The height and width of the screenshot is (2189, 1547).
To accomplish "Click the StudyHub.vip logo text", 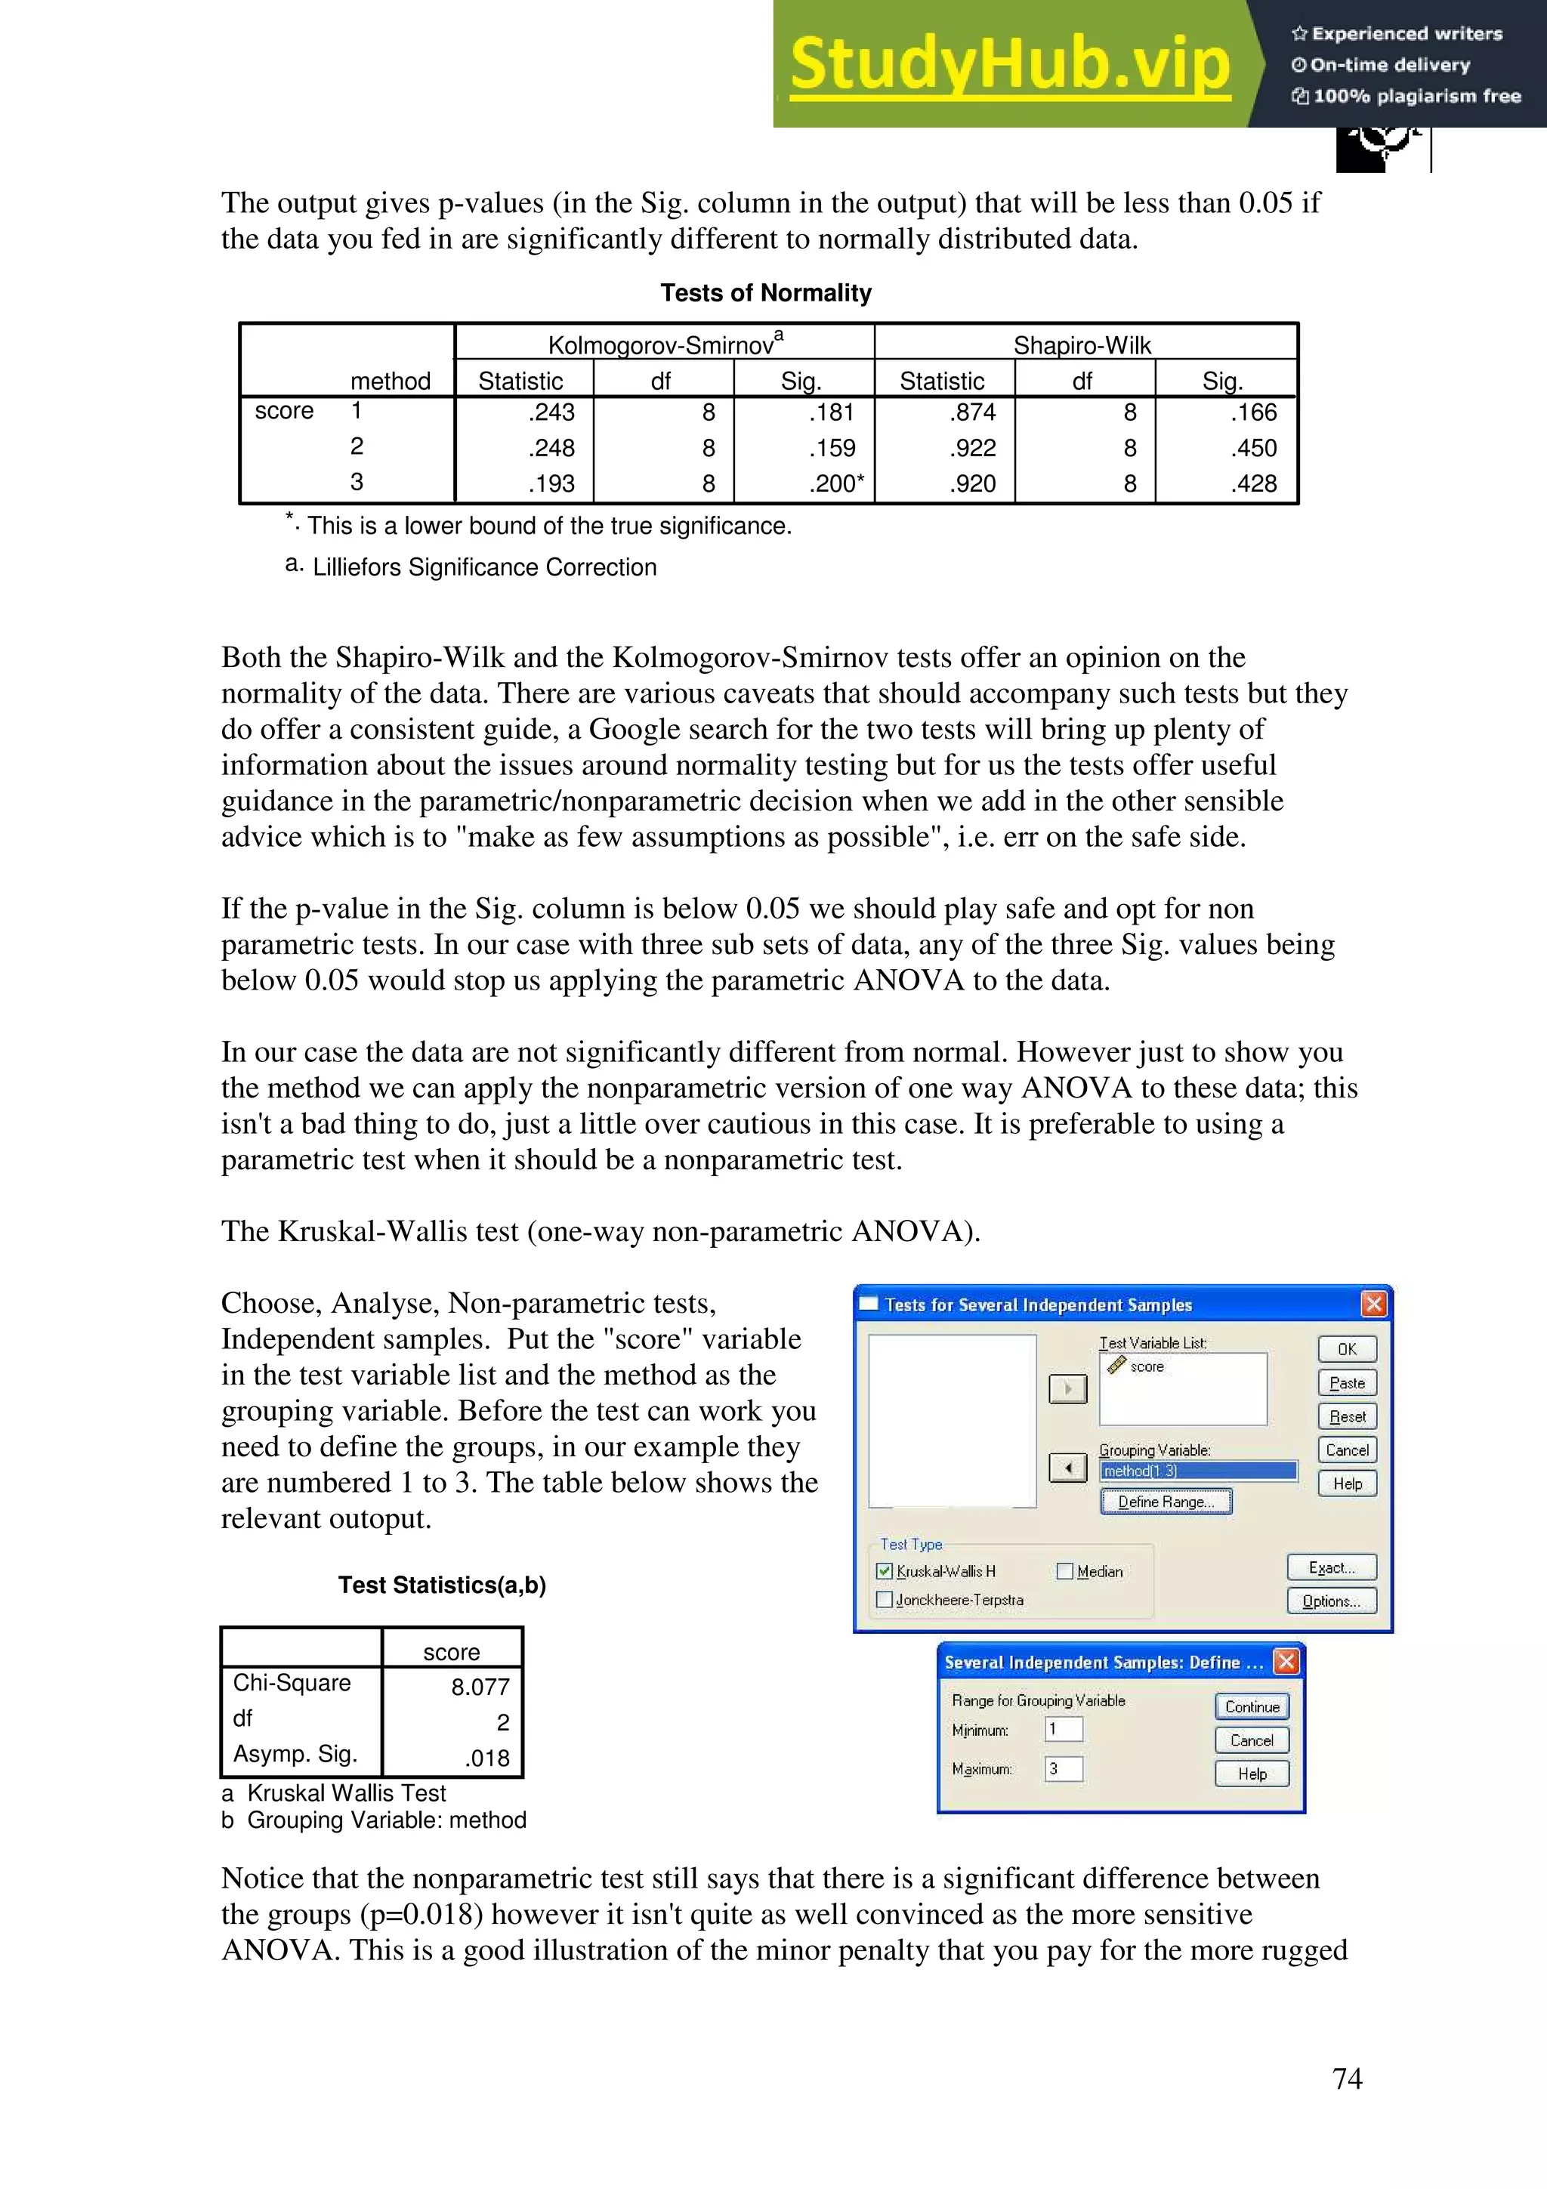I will (1009, 64).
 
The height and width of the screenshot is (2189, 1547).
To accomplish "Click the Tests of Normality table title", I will (765, 292).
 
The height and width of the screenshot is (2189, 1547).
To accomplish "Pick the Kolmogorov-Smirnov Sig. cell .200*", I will (836, 483).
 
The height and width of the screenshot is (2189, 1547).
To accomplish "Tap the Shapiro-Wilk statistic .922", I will (972, 448).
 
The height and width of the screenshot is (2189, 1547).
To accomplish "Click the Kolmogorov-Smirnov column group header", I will (665, 344).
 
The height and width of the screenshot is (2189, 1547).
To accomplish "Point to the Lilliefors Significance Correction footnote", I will (484, 567).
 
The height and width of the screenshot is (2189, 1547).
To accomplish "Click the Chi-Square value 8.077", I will (480, 1687).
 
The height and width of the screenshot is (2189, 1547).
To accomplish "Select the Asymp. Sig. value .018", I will (486, 1758).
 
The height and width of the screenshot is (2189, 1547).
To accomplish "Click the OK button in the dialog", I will (1346, 1349).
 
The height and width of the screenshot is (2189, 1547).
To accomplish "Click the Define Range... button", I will (1166, 1502).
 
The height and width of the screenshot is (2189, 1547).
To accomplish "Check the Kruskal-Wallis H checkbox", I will (885, 1571).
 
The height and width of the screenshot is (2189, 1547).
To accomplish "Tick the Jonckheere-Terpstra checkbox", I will (885, 1600).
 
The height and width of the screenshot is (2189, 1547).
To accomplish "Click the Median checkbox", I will (1064, 1571).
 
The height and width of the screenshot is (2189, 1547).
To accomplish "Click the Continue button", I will (1252, 1706).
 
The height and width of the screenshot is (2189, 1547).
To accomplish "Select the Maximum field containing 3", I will (1063, 1768).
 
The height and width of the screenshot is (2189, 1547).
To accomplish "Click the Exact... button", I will (1331, 1567).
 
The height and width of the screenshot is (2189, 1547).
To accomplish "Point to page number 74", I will (1346, 2079).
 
